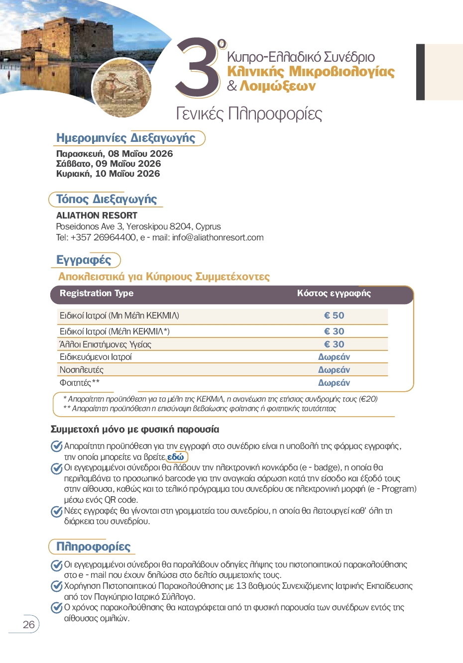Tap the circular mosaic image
(x=122, y=88)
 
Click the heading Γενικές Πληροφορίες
(x=249, y=114)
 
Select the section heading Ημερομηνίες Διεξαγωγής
(x=125, y=138)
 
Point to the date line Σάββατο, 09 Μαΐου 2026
(x=109, y=164)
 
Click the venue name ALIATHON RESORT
(x=97, y=216)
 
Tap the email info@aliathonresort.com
(x=218, y=237)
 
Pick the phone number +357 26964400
(x=104, y=237)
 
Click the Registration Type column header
(x=97, y=293)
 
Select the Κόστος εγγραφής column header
(x=334, y=293)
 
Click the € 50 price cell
(x=334, y=316)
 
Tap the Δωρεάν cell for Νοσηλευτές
(x=334, y=370)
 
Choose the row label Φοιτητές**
(x=80, y=383)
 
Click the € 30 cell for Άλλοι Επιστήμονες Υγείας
(x=334, y=344)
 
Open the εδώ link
(x=176, y=457)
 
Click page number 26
(x=29, y=624)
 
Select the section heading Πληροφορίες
(x=93, y=547)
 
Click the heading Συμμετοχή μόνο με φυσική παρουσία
(x=135, y=429)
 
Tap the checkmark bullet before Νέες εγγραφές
(x=57, y=511)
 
